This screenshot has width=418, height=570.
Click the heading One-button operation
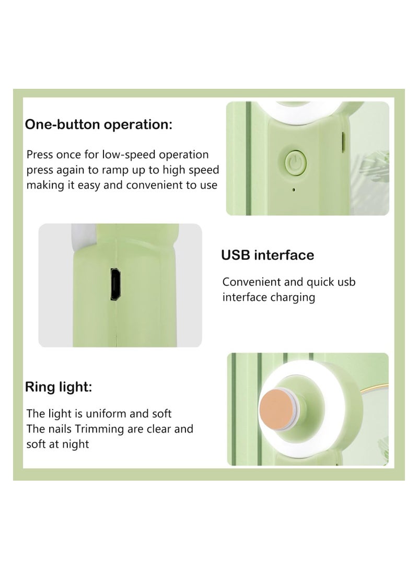click(99, 125)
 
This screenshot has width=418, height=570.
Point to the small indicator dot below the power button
click(294, 190)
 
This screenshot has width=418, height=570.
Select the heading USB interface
click(268, 255)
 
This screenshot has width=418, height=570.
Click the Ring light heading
click(59, 387)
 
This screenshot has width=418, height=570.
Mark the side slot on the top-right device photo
click(342, 139)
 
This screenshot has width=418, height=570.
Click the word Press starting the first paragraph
click(40, 155)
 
